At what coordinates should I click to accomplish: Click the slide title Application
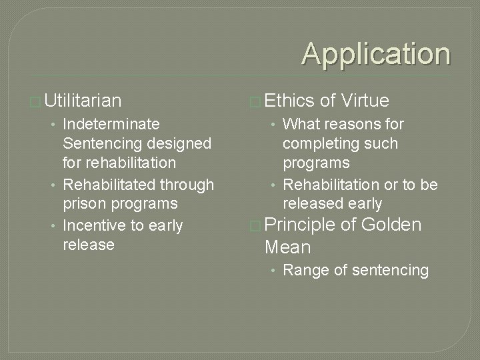click(x=376, y=54)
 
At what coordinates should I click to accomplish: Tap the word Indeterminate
click(x=111, y=124)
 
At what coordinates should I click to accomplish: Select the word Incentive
click(x=94, y=225)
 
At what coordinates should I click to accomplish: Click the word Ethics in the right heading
click(x=289, y=101)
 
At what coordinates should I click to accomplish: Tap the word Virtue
click(x=364, y=101)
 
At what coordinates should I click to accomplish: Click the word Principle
click(x=300, y=225)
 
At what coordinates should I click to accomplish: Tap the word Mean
click(x=287, y=247)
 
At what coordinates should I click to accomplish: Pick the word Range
click(x=303, y=270)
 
